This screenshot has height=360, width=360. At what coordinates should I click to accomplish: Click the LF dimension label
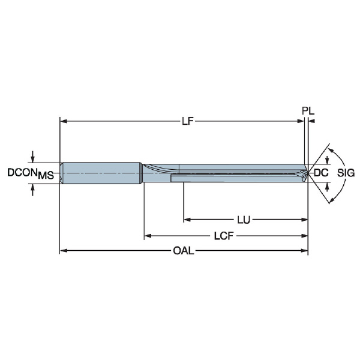click(x=188, y=121)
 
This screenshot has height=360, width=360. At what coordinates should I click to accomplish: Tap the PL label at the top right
click(x=308, y=111)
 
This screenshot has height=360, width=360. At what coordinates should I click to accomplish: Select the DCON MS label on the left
click(x=31, y=173)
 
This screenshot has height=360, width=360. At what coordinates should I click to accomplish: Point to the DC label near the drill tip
click(x=321, y=173)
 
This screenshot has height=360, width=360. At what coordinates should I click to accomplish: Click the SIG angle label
click(x=346, y=173)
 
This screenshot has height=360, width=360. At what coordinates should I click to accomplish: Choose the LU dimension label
click(x=244, y=220)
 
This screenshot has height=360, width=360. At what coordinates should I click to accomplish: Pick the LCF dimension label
click(x=224, y=236)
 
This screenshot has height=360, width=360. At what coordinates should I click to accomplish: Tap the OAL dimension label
click(x=184, y=250)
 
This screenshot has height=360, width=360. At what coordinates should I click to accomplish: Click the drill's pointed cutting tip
click(x=307, y=173)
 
